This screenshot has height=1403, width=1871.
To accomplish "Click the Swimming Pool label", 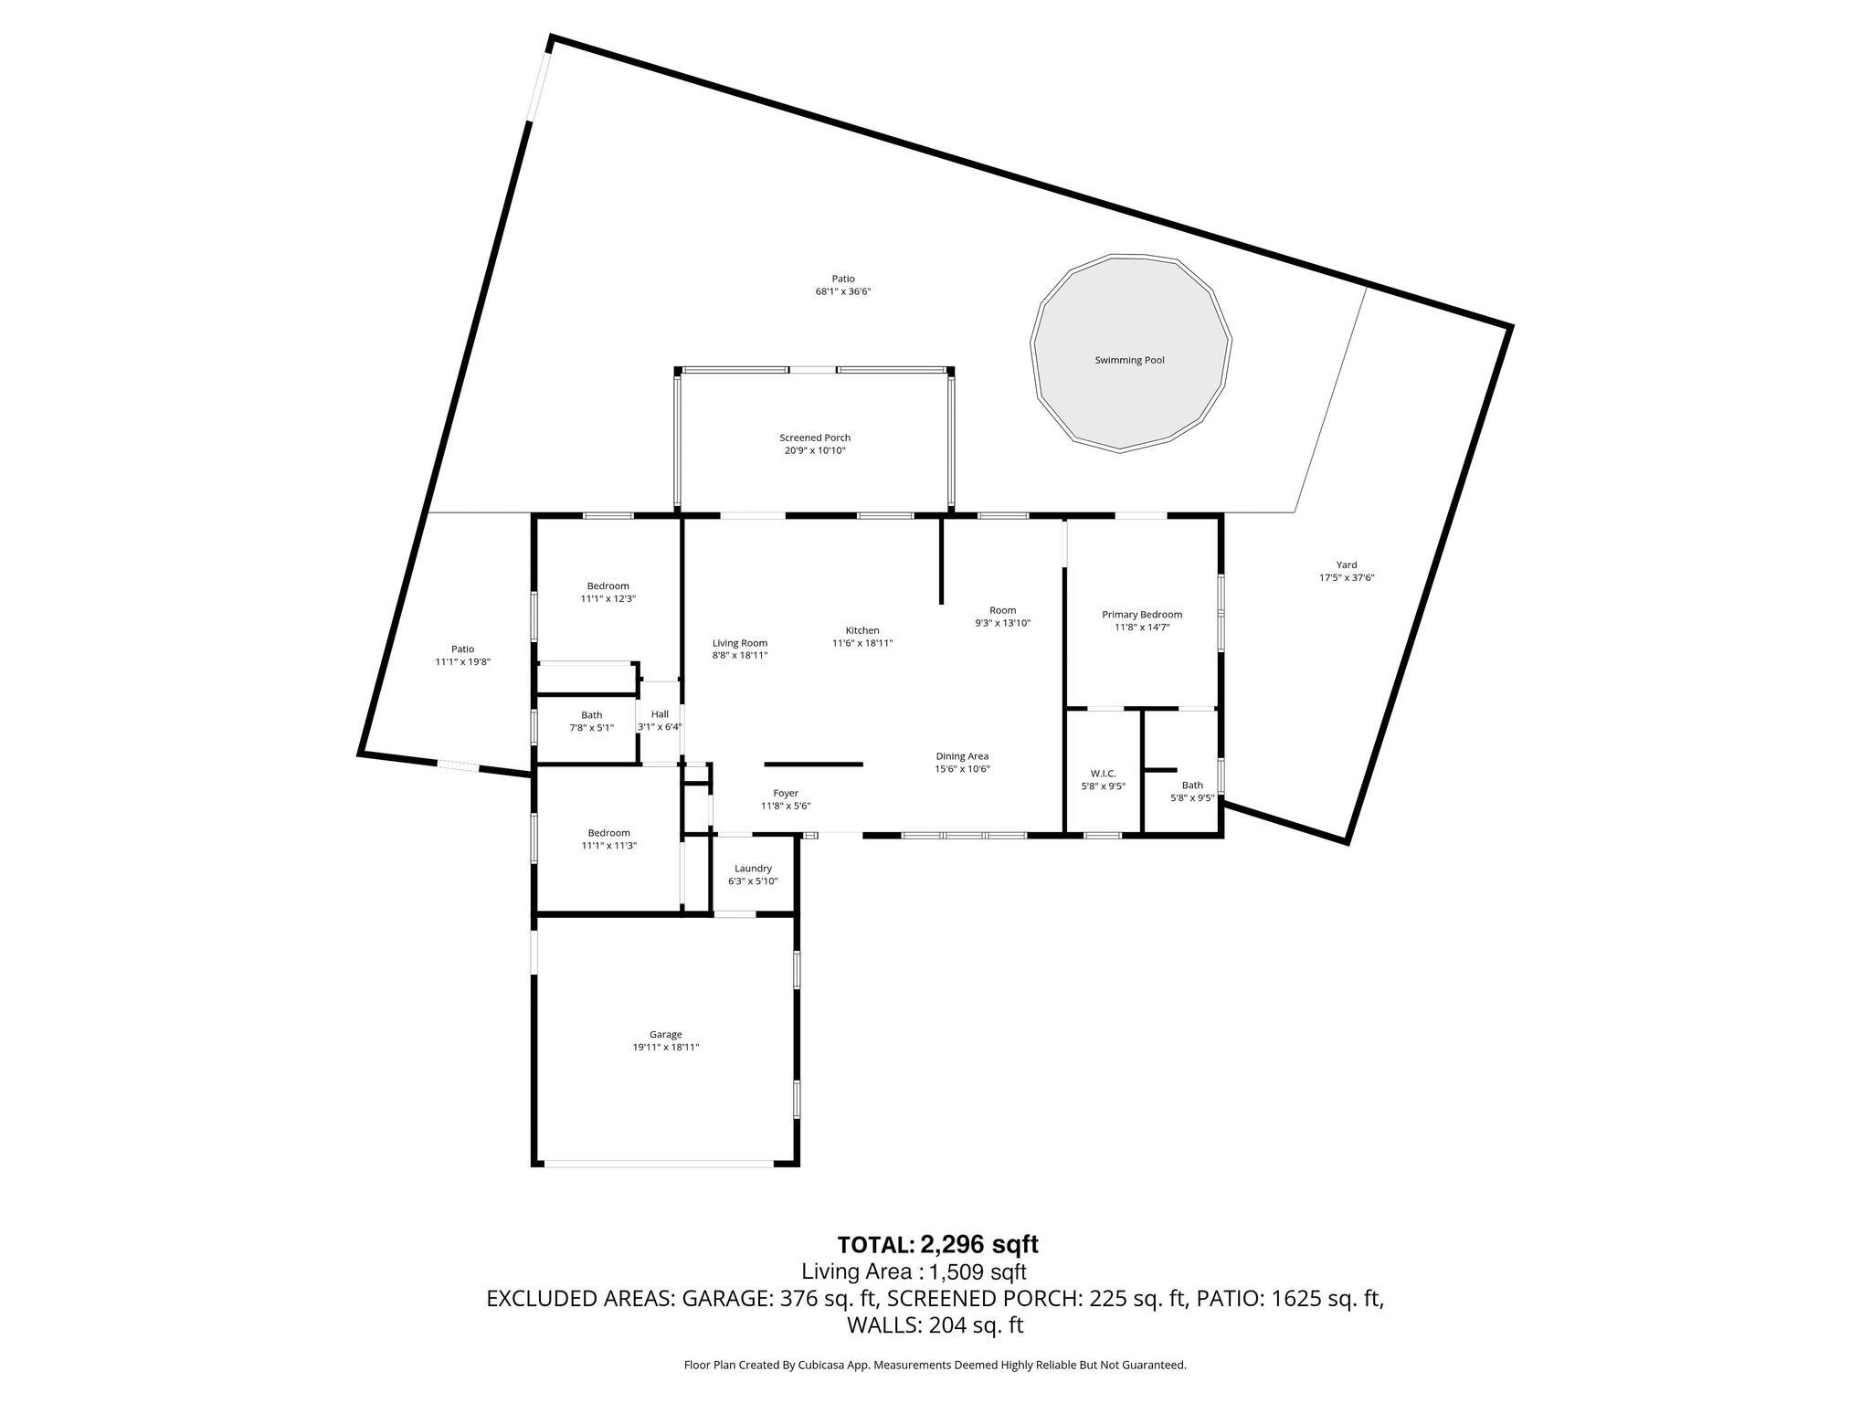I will [1129, 361].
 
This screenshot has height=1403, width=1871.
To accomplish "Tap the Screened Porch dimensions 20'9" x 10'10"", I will [815, 451].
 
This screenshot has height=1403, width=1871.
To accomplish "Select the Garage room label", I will [665, 1035].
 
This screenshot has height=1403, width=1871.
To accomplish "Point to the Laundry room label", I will [753, 869].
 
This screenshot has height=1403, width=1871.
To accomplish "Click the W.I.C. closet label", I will [1103, 774].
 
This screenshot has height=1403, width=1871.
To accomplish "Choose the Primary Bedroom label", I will [1142, 615].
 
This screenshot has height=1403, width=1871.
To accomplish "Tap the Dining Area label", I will [962, 756].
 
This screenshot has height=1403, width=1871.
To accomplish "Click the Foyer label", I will [786, 794].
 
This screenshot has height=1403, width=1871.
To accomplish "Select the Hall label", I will [660, 714].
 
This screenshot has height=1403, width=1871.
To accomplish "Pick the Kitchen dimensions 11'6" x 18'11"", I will [862, 643].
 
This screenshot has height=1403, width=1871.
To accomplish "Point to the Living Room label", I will [740, 643].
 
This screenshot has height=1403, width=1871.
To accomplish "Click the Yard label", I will [1347, 564].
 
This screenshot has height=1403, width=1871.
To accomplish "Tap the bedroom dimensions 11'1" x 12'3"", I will [608, 599].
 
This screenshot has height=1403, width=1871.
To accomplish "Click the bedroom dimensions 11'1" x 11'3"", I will [608, 846].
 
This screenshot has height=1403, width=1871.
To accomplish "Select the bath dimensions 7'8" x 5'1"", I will [591, 728].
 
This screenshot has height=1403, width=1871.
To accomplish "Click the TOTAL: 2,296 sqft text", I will [937, 1245].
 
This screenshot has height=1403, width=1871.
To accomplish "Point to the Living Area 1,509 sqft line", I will [914, 1271].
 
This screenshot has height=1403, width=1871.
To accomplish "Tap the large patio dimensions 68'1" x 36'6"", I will [842, 292].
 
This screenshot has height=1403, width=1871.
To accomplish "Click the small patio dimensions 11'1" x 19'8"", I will [462, 662].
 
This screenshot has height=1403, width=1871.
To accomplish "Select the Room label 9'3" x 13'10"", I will [1002, 610].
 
